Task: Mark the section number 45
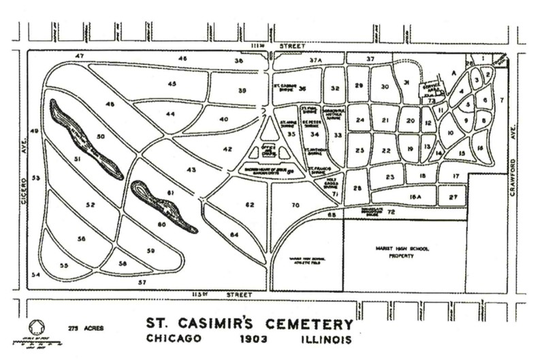click(x=172, y=84)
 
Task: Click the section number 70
click(x=295, y=205)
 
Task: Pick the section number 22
click(x=385, y=150)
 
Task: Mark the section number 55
click(x=65, y=265)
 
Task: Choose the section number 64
click(x=235, y=235)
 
